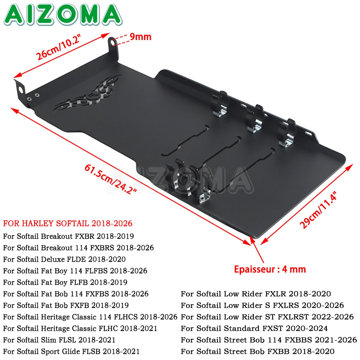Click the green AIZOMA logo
coord(63,14)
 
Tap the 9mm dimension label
coord(140,37)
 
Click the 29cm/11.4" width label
coord(318,210)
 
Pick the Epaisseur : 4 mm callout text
coord(270,269)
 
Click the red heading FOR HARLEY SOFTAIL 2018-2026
coord(68,224)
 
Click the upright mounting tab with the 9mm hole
coord(113,48)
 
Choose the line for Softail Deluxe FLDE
coord(64,259)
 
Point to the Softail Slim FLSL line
coord(59,340)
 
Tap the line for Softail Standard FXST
coord(254,328)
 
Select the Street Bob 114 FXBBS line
coord(269,340)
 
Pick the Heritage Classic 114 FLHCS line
coord(90,317)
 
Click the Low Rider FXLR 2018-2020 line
coord(256,294)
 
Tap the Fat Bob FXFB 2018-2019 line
coord(66,305)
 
